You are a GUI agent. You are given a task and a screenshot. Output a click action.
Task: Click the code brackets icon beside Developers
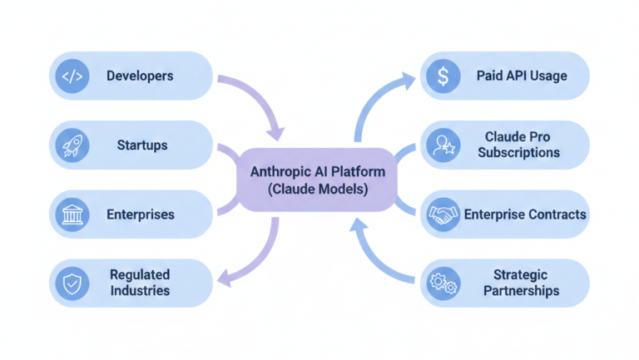click(72, 76)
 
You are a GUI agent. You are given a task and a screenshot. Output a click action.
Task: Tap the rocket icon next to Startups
click(72, 145)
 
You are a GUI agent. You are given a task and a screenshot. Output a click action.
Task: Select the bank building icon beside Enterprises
click(72, 215)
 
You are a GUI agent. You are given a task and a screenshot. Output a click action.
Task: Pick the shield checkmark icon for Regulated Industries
click(72, 284)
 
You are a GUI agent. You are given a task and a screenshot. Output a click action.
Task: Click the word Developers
click(140, 76)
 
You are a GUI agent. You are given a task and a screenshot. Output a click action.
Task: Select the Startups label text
click(141, 145)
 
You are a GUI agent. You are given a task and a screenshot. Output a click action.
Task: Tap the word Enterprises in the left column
click(141, 215)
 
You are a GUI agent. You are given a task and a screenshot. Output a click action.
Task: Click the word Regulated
click(140, 274)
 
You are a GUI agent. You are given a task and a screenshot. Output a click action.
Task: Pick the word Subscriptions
click(518, 154)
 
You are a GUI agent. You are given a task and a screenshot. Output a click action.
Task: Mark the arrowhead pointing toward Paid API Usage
click(408, 80)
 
